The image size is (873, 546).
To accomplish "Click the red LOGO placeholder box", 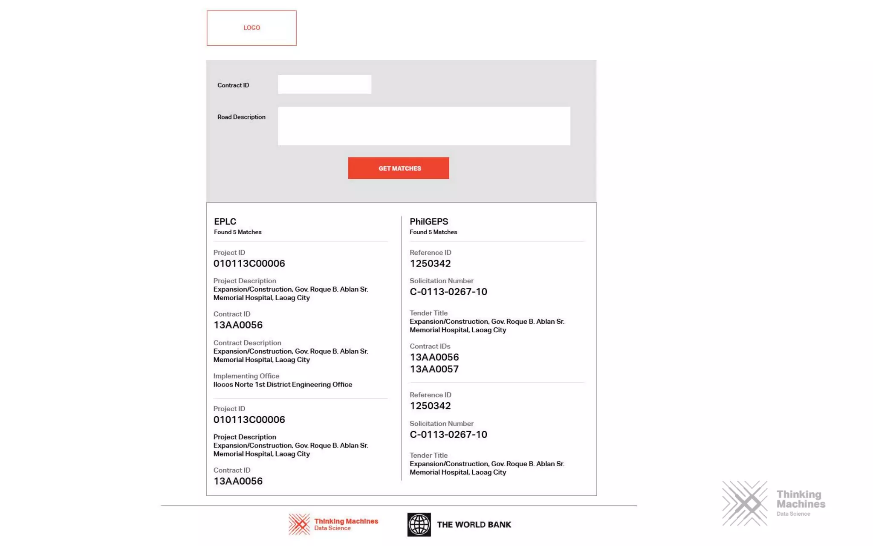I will point(251,28).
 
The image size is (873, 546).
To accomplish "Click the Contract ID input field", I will point(324,84).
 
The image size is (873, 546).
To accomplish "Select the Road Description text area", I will point(424,126).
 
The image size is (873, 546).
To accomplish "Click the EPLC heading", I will point(225,222).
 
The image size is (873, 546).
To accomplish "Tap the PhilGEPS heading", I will point(429,222).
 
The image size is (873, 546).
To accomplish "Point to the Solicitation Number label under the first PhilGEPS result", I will point(441,281).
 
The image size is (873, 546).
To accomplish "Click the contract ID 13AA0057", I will point(434,369).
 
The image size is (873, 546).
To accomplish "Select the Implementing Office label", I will point(246,376).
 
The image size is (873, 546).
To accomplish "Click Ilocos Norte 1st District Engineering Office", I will point(283,384).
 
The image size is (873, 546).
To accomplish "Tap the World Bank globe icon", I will point(419,525).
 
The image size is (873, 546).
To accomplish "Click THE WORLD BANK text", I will point(474,525).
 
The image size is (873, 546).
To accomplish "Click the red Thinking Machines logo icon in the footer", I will point(299,524).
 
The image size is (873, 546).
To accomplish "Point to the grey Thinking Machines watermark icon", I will point(745,504).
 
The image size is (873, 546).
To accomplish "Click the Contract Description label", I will point(247,343).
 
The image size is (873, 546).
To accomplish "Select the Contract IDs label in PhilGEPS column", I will point(430,346).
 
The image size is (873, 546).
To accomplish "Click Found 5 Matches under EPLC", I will point(237,232).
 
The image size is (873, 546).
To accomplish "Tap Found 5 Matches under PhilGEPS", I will point(433,232).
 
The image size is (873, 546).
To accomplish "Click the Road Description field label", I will point(241,117).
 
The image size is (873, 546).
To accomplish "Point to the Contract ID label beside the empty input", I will point(233,85).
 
